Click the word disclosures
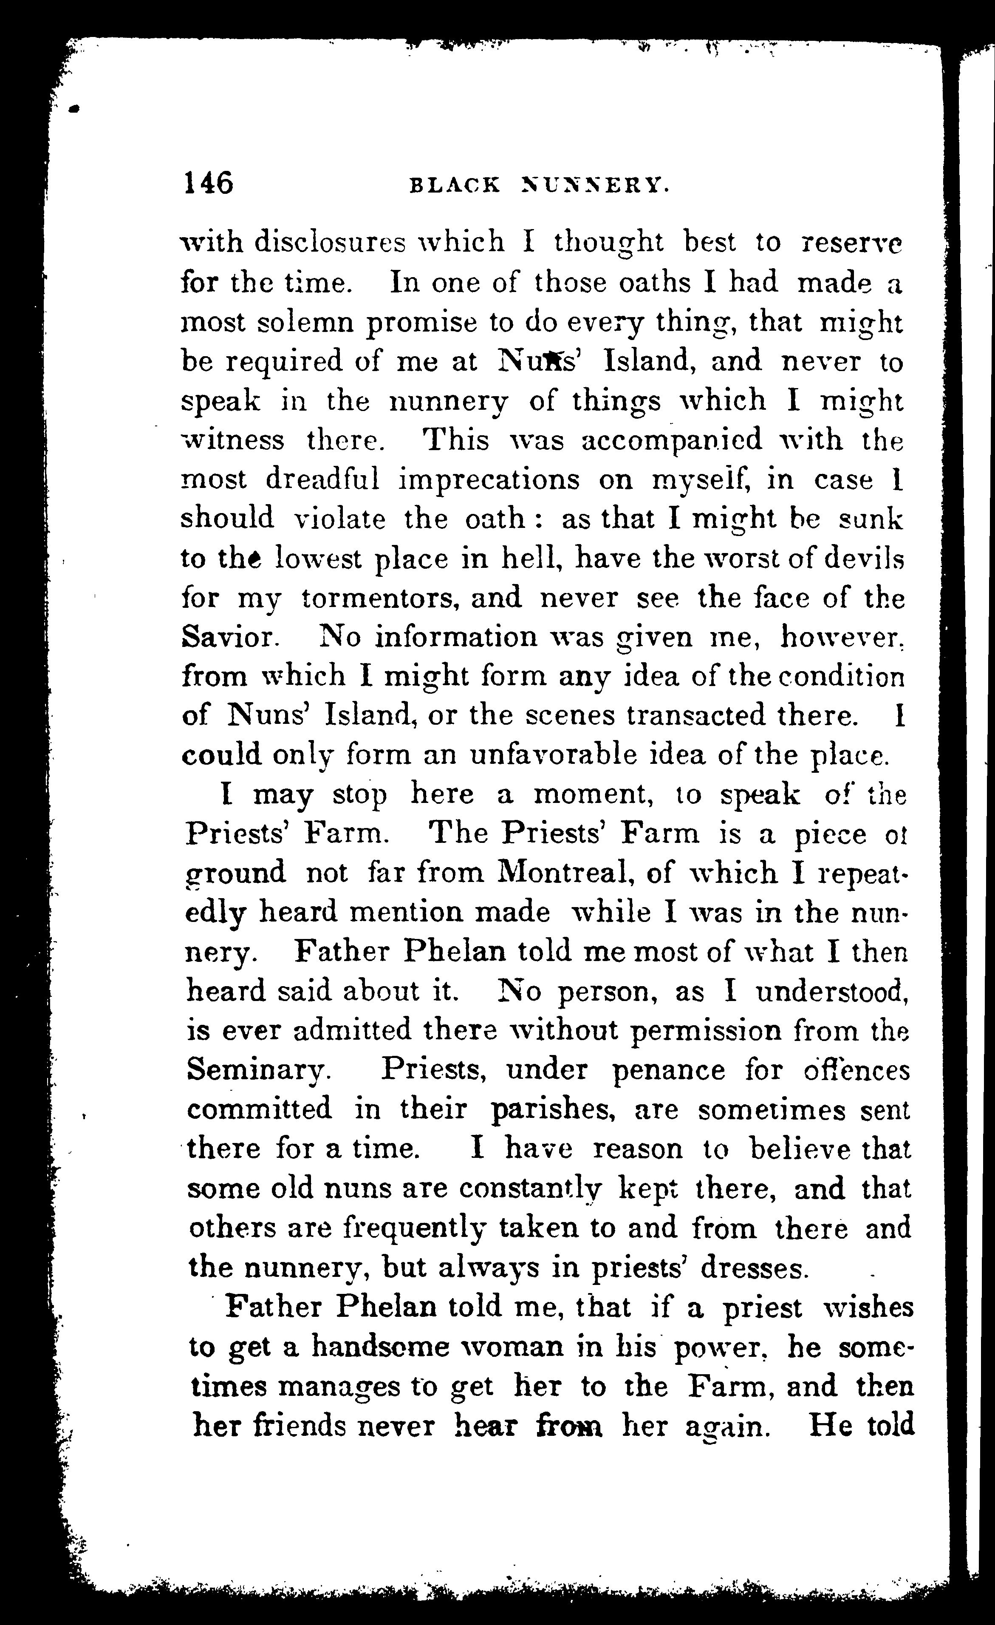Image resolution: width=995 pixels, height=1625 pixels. [330, 243]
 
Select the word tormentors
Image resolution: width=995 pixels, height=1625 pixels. [376, 598]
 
